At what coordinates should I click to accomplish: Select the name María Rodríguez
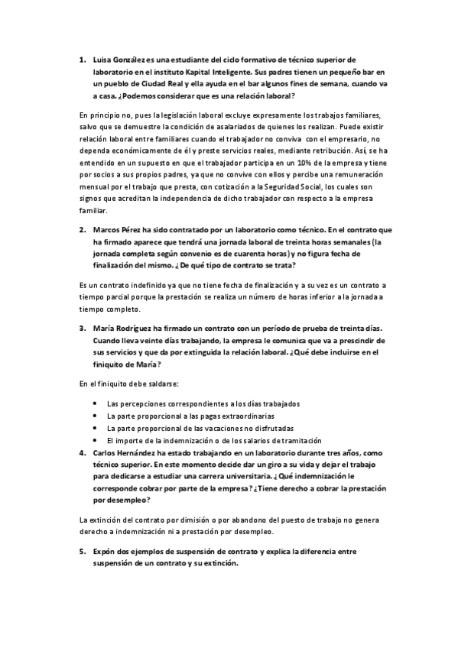123,328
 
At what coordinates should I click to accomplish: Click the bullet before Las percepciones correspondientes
94,403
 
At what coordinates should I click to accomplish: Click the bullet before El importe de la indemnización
94,441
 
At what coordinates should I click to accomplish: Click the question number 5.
83,551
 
